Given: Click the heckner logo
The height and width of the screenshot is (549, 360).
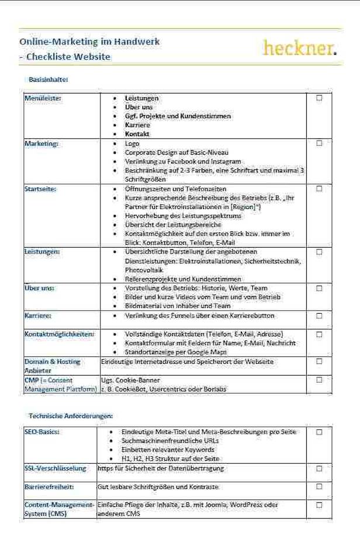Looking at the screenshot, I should (x=300, y=47).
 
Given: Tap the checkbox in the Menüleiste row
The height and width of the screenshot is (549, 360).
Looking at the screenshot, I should (x=319, y=98).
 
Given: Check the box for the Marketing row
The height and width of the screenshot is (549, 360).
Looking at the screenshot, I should (x=319, y=143).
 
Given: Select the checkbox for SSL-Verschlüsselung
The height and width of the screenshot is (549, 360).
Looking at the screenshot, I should (x=319, y=468).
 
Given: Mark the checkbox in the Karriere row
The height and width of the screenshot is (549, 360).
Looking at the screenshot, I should (x=319, y=315).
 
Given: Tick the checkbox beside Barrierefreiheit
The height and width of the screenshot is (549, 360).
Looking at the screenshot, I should (x=319, y=486).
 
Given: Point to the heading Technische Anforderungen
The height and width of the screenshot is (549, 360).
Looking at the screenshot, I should (x=71, y=416).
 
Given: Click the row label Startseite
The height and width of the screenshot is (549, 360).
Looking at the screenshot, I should (x=41, y=189).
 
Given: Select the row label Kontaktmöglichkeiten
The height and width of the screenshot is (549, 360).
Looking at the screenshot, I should (x=59, y=334).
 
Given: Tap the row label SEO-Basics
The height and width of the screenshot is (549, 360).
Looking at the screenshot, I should (x=43, y=432).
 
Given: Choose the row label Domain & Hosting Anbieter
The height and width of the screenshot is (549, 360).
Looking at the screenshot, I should (x=52, y=366).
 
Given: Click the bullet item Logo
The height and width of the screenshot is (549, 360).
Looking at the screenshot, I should (x=132, y=143).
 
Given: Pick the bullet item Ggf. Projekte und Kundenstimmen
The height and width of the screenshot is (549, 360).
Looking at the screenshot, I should (x=178, y=116).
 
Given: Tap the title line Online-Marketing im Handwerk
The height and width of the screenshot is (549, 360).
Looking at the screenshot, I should (x=89, y=41).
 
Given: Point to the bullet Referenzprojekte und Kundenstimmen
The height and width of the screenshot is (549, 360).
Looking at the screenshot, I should (x=183, y=279).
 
